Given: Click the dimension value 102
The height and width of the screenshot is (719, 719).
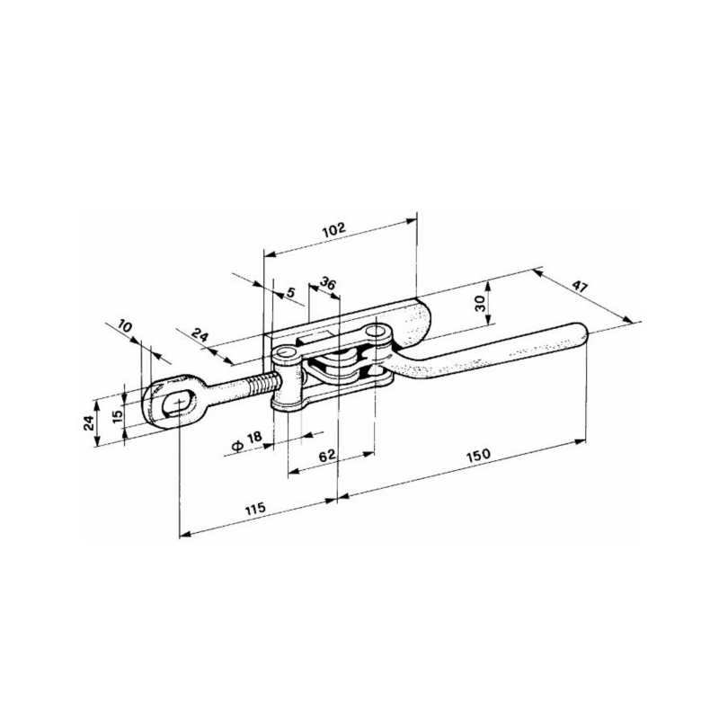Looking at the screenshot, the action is (x=333, y=229).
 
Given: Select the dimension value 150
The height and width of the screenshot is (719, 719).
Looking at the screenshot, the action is (x=478, y=456).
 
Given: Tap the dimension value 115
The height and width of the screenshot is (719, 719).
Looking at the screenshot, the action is (x=255, y=509).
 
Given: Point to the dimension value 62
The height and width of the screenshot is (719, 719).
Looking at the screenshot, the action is (x=327, y=456).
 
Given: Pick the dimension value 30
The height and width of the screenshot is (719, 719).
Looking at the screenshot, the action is (x=480, y=303).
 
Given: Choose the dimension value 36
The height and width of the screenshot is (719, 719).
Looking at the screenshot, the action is (x=327, y=283).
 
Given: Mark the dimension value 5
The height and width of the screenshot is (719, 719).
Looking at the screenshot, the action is (x=290, y=291).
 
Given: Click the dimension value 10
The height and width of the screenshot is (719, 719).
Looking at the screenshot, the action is (x=125, y=326).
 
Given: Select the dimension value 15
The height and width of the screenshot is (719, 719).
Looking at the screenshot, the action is (x=118, y=415).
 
